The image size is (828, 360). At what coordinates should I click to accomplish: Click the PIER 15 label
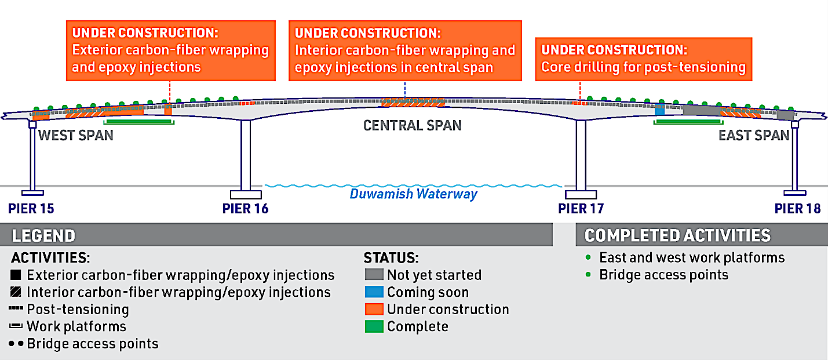click(x=31, y=208)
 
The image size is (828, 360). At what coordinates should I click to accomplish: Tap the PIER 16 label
click(x=246, y=208)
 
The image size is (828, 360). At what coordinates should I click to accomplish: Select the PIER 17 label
click(x=581, y=208)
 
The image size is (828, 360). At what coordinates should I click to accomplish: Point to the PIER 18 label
click(x=798, y=208)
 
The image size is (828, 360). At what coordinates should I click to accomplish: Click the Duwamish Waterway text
click(x=413, y=194)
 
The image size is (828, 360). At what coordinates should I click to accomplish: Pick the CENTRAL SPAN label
click(x=412, y=125)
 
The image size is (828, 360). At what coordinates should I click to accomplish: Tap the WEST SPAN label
click(x=75, y=136)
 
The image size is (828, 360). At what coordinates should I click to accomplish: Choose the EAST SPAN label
click(x=754, y=136)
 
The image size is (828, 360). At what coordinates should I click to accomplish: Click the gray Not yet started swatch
click(x=374, y=275)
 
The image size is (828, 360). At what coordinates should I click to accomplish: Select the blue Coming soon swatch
click(x=374, y=292)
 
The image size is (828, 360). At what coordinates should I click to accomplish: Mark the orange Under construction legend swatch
click(x=374, y=310)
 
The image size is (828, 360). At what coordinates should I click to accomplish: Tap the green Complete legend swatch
click(x=374, y=326)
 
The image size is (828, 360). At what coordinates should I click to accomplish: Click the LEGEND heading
click(x=43, y=236)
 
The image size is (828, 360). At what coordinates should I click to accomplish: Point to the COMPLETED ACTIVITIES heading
click(x=677, y=235)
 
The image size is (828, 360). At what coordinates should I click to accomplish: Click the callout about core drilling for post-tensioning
click(x=643, y=59)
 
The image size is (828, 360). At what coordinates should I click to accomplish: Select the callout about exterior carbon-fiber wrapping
click(x=170, y=51)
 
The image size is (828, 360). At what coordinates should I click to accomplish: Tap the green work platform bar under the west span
click(x=138, y=122)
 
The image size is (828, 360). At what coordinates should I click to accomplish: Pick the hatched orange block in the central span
click(x=413, y=103)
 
